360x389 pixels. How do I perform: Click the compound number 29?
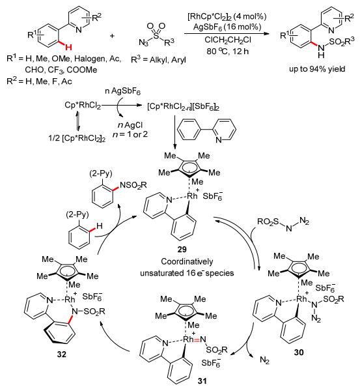pyautogui.click(x=182, y=249)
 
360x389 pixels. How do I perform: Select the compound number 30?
pyautogui.click(x=299, y=352)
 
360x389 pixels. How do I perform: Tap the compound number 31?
pyautogui.click(x=202, y=381)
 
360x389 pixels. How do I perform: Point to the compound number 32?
pyautogui.click(x=61, y=354)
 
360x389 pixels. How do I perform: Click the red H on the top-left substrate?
pyautogui.click(x=68, y=47)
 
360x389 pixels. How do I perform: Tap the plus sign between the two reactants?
pyautogui.click(x=112, y=36)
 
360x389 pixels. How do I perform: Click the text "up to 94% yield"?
pyautogui.click(x=317, y=68)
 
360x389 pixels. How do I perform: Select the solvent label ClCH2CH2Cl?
pyautogui.click(x=228, y=40)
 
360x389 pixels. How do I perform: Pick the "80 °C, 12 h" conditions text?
pyautogui.click(x=228, y=51)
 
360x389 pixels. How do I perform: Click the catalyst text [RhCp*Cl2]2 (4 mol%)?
pyautogui.click(x=227, y=17)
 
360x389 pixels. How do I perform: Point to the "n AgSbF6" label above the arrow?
pyautogui.click(x=123, y=91)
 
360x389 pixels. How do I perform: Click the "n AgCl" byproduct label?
pyautogui.click(x=130, y=125)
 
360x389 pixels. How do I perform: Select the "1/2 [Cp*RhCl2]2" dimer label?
pyautogui.click(x=77, y=138)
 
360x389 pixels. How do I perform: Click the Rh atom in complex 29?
pyautogui.click(x=192, y=195)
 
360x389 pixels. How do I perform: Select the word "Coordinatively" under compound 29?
pyautogui.click(x=187, y=261)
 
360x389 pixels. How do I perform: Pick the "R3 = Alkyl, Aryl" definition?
pyautogui.click(x=158, y=59)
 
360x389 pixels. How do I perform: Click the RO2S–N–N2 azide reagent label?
pyautogui.click(x=283, y=224)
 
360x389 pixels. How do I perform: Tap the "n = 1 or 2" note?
pyautogui.click(x=130, y=134)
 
